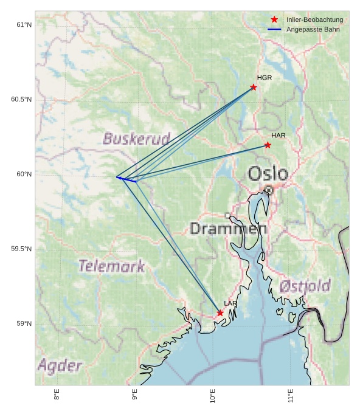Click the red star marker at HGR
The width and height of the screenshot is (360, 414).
(x=254, y=87)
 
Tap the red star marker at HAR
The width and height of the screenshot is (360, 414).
(x=268, y=145)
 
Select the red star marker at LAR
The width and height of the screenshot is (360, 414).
(x=220, y=313)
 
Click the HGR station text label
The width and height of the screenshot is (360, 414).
(x=265, y=78)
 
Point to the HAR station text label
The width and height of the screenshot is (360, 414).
(x=279, y=135)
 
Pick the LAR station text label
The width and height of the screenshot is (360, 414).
(x=230, y=303)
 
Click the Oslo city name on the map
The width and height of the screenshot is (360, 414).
(x=268, y=174)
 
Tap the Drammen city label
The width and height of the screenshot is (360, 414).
(x=228, y=229)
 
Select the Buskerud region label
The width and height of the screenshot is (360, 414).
(x=136, y=139)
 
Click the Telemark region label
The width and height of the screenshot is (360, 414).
(x=112, y=266)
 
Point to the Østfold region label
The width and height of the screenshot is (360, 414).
(x=305, y=286)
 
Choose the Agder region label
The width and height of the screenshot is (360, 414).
(x=60, y=365)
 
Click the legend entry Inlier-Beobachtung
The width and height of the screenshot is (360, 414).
(x=314, y=20)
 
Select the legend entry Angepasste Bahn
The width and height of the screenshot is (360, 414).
(x=313, y=29)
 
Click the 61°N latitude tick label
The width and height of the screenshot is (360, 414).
(x=24, y=25)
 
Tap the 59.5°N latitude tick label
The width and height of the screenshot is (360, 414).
(x=21, y=249)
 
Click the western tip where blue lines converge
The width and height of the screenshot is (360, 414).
(x=117, y=177)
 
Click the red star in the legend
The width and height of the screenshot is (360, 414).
(x=274, y=20)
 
